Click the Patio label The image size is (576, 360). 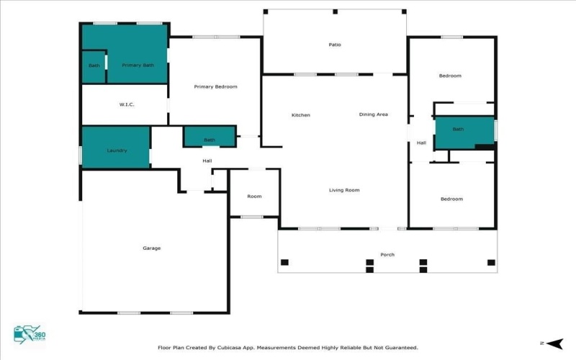tap(334, 45)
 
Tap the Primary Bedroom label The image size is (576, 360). tap(215, 86)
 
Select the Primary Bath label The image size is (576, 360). tap(138, 66)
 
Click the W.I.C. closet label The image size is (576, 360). tap(127, 105)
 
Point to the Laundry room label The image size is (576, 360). tap(117, 150)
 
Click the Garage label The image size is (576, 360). tap(151, 248)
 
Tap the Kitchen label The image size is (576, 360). tap(300, 115)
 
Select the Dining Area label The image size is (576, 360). tap(374, 114)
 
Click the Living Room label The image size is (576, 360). tap(344, 190)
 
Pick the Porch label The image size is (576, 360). tap(387, 255)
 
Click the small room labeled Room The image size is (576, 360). tap(254, 196)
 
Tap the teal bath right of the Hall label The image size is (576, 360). tap(458, 130)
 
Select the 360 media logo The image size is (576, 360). tap(28, 335)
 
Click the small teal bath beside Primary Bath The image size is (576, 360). tap(94, 66)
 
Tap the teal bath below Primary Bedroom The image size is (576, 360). tap(210, 139)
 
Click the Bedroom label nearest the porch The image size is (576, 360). tap(451, 199)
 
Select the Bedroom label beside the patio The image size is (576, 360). tap(450, 76)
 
